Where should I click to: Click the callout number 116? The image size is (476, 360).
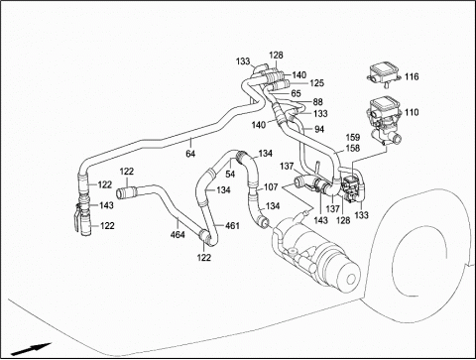(412, 76)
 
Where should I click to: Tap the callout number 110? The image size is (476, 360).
(412, 112)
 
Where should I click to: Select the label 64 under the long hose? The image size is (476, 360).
(190, 154)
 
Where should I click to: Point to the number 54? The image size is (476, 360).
(230, 174)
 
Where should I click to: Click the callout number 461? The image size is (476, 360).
(232, 226)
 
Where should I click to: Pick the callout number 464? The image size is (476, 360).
(178, 235)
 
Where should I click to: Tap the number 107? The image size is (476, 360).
(271, 187)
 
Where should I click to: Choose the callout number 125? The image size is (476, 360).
(317, 83)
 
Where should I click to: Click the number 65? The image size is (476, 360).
(296, 93)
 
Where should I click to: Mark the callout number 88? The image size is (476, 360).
(317, 102)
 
